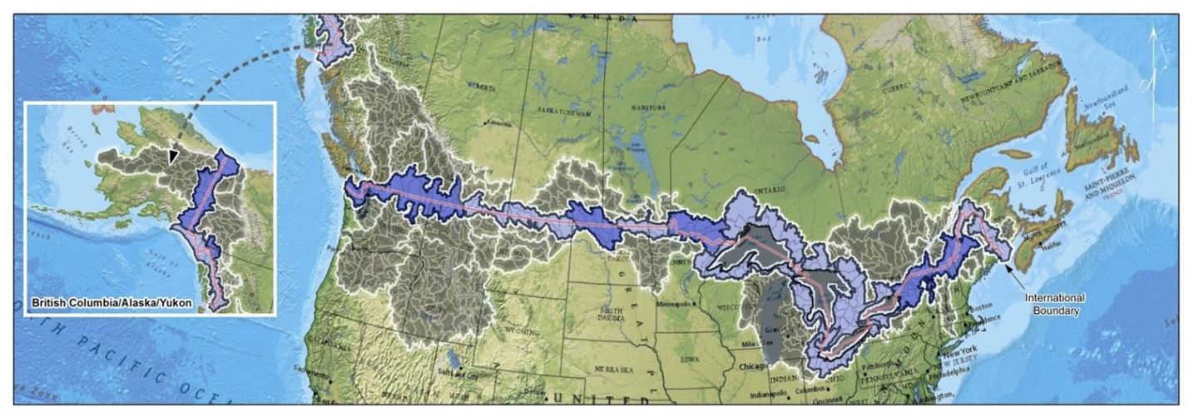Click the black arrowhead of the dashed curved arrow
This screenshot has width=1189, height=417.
pyautogui.click(x=173, y=156)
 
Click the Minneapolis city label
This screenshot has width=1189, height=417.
pyautogui.click(x=676, y=305)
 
